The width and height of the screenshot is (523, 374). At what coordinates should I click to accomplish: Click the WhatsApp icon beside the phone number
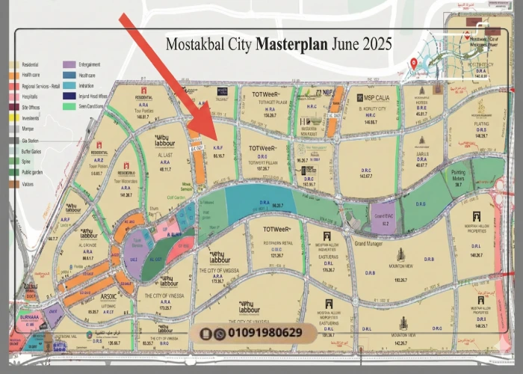click(x=219, y=334)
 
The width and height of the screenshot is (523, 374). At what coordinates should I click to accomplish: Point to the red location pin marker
click(x=414, y=64)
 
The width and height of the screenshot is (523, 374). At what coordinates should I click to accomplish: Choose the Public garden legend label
click(x=34, y=172)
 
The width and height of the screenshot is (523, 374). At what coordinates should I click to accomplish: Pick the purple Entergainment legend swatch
click(x=69, y=65)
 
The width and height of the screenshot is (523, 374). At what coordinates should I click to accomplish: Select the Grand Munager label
click(x=368, y=244)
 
